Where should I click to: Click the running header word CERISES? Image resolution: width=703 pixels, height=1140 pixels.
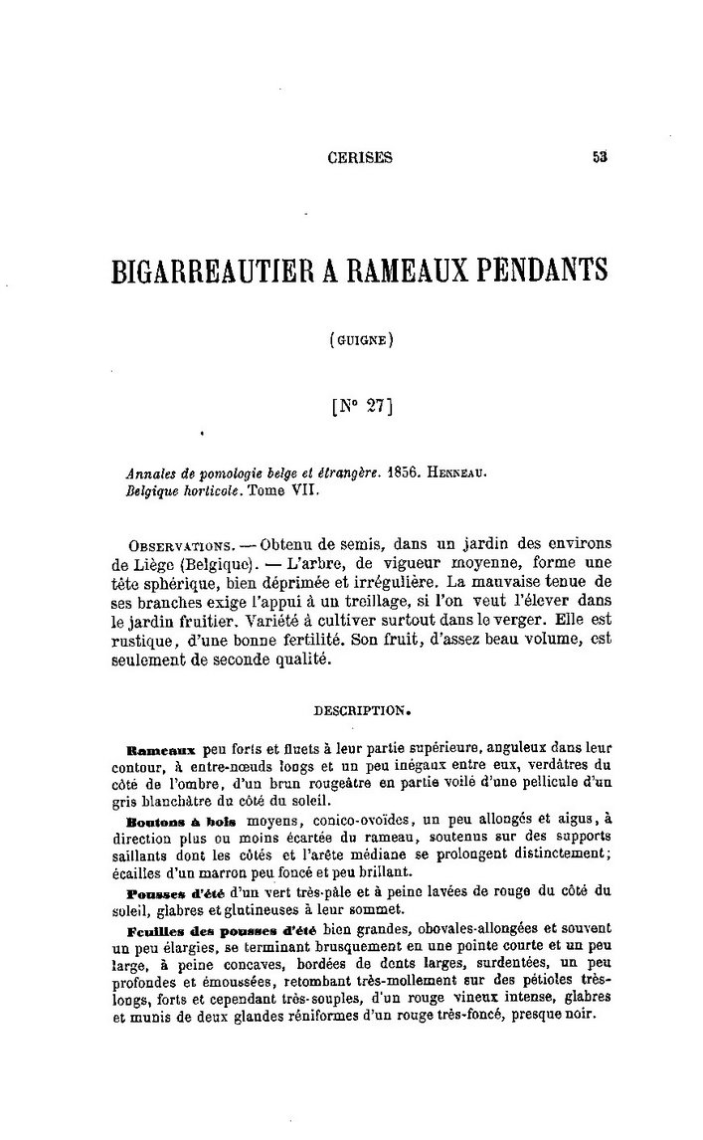(x=360, y=156)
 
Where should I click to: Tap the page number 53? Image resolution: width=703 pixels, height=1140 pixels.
(x=600, y=156)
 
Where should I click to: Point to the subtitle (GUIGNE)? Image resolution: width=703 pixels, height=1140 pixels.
(x=361, y=339)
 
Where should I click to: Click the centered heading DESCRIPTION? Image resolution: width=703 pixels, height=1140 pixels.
(x=356, y=711)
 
